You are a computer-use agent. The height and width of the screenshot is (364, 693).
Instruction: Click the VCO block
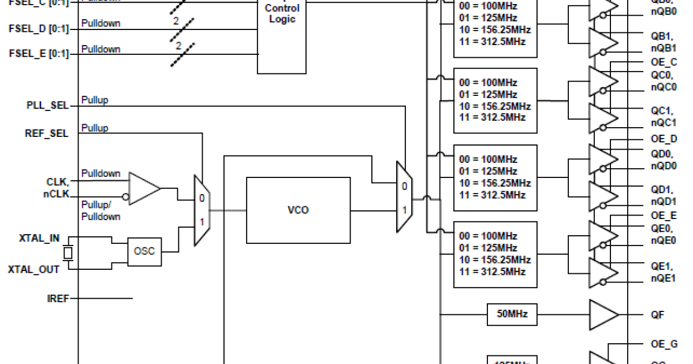pyautogui.click(x=298, y=210)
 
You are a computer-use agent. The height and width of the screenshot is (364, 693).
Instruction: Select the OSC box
pyautogui.click(x=144, y=251)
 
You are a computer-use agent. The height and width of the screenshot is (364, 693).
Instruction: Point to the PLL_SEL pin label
pyautogui.click(x=47, y=106)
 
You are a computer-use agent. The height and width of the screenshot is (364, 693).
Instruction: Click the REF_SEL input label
pyautogui.click(x=47, y=133)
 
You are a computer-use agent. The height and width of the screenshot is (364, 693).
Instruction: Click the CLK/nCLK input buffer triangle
pyautogui.click(x=143, y=188)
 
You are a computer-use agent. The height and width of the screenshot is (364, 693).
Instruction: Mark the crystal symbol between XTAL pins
pyautogui.click(x=68, y=253)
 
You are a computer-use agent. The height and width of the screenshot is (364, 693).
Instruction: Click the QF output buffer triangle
pyautogui.click(x=602, y=315)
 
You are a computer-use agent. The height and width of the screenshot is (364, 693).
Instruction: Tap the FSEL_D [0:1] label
pyautogui.click(x=39, y=28)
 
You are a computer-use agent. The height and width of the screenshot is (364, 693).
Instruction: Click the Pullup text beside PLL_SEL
pyautogui.click(x=95, y=100)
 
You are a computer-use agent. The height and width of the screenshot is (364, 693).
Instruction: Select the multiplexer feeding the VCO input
pyautogui.click(x=201, y=210)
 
